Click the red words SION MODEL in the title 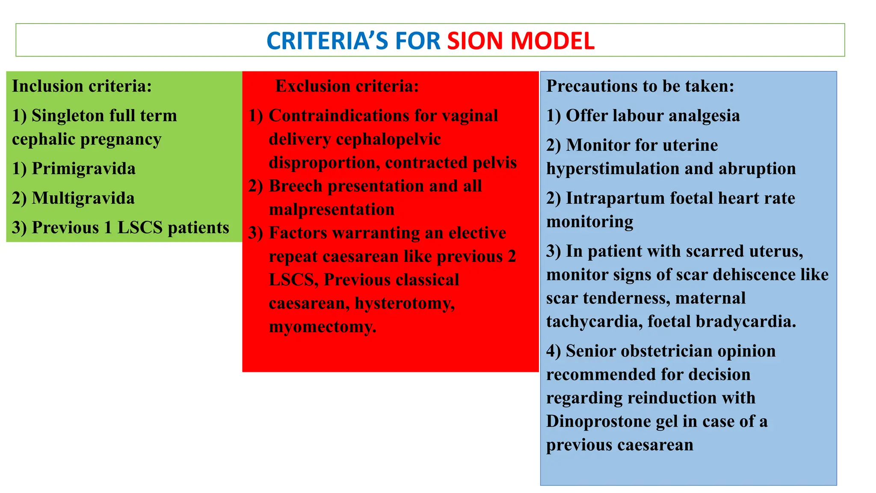(x=521, y=41)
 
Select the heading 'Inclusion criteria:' (x=82, y=86)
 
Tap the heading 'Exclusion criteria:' (x=347, y=86)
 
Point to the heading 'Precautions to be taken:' (x=640, y=86)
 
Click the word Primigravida (x=83, y=169)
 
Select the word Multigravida (x=83, y=198)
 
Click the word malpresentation (x=331, y=210)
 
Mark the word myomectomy (x=323, y=327)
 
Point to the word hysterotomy (x=405, y=303)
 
